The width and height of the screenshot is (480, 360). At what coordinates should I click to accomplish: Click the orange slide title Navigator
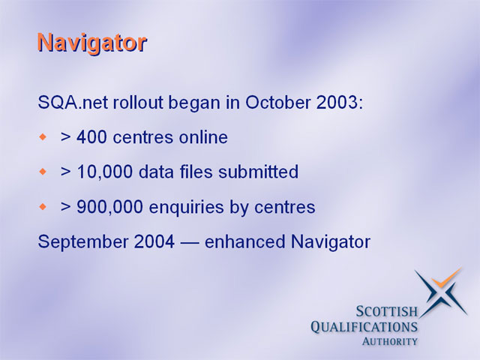(x=92, y=43)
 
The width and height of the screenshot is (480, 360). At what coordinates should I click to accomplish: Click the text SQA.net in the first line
(x=73, y=102)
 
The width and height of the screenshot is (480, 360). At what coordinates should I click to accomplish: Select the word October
(x=278, y=102)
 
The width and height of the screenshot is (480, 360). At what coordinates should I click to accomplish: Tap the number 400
(x=91, y=136)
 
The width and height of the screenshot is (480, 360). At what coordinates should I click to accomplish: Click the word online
(x=203, y=136)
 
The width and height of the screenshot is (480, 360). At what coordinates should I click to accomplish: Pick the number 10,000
(x=105, y=172)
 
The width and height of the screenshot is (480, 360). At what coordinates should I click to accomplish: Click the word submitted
(x=258, y=172)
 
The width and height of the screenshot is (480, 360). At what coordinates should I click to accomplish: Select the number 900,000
(x=109, y=207)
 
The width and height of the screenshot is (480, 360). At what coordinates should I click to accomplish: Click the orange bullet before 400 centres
(x=43, y=136)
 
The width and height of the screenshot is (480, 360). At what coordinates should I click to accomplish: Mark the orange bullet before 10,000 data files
(x=43, y=172)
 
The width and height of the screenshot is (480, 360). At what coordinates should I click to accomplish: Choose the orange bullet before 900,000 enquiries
(x=43, y=207)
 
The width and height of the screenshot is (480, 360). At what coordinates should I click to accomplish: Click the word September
(x=82, y=241)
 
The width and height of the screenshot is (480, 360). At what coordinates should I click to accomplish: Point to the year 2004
(x=154, y=241)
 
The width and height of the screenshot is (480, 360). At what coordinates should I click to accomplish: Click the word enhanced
(x=245, y=241)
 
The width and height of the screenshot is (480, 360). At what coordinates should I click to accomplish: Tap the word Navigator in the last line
(x=331, y=241)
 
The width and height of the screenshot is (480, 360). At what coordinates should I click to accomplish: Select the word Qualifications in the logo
(x=364, y=327)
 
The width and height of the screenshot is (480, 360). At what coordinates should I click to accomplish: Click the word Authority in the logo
(x=390, y=341)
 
